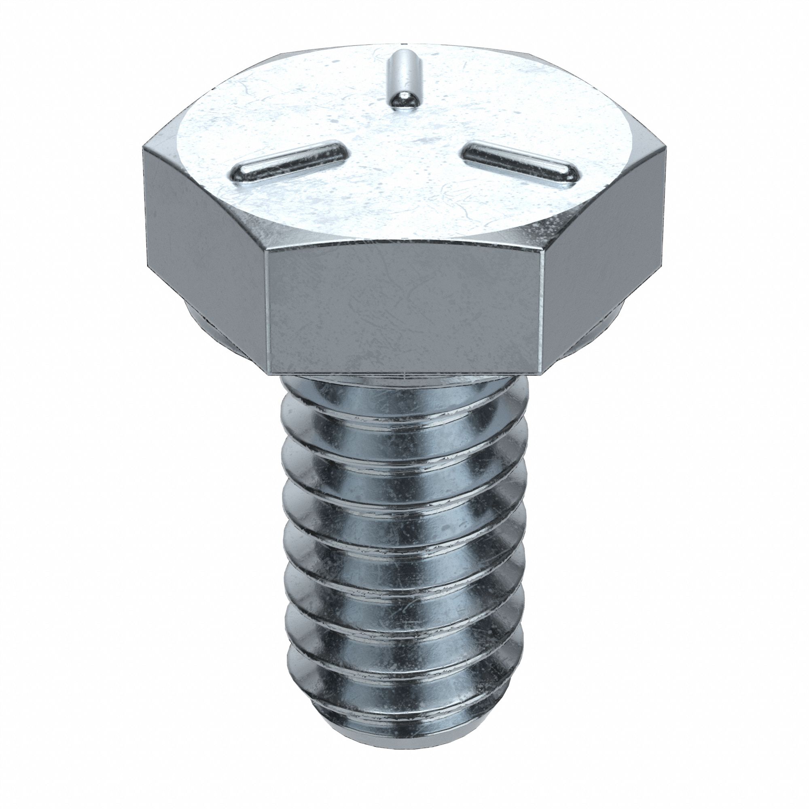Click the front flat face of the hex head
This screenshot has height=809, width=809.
pos(404,310)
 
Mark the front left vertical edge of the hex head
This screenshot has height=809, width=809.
pos(267,310)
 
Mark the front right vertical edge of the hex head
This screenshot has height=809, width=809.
pos(543,310)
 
